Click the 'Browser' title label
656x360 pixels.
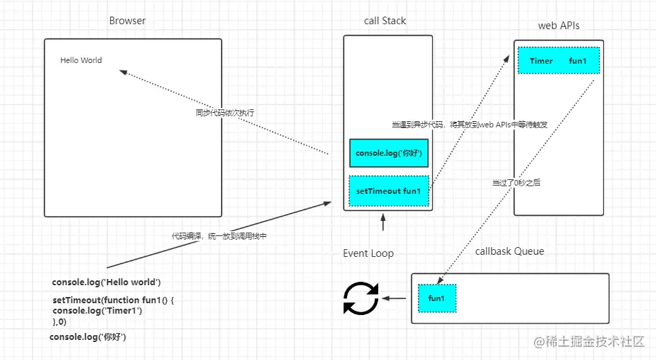tap(127, 21)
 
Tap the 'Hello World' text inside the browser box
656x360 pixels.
tap(81, 60)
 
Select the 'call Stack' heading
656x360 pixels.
tap(385, 21)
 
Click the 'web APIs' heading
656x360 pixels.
tap(558, 26)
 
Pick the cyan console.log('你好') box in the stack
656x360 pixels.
tap(389, 153)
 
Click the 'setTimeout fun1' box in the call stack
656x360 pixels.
tap(389, 191)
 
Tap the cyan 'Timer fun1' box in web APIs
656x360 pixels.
tap(558, 61)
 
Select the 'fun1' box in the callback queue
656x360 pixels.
tap(436, 298)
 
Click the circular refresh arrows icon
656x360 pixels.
tap(361, 299)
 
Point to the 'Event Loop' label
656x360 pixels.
tap(369, 253)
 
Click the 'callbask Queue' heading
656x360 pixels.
tap(510, 251)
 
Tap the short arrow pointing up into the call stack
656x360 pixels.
tap(382, 223)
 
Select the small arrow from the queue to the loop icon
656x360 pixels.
tap(396, 298)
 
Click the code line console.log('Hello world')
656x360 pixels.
tap(106, 282)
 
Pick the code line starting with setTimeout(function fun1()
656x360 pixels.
tap(113, 300)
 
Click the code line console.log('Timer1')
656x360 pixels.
tap(97, 311)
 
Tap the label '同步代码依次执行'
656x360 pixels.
tap(220, 112)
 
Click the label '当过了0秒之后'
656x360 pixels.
tap(516, 183)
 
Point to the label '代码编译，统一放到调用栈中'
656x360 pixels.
tap(220, 236)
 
